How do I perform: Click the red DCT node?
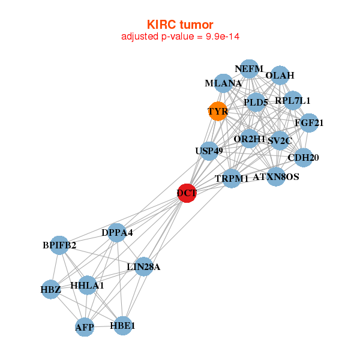[x=187, y=193]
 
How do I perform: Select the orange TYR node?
[x=217, y=111]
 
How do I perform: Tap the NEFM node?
[x=249, y=69]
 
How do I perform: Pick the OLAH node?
[x=280, y=76]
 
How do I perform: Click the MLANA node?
[x=223, y=84]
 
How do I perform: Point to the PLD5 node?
[x=256, y=103]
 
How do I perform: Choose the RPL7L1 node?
[x=293, y=101]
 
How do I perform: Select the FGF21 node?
[x=309, y=123]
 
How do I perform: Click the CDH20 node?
[x=304, y=158]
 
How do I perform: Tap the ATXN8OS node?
[x=275, y=177]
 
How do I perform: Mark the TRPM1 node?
[x=232, y=178]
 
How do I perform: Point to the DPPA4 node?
[x=117, y=232]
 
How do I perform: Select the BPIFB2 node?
[x=59, y=245]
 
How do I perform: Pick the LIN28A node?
[x=143, y=266]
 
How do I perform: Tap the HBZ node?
[x=51, y=290]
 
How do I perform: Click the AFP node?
[x=85, y=327]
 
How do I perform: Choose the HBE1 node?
[x=122, y=326]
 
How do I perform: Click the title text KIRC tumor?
[x=180, y=25]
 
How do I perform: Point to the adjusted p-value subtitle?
[x=181, y=37]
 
